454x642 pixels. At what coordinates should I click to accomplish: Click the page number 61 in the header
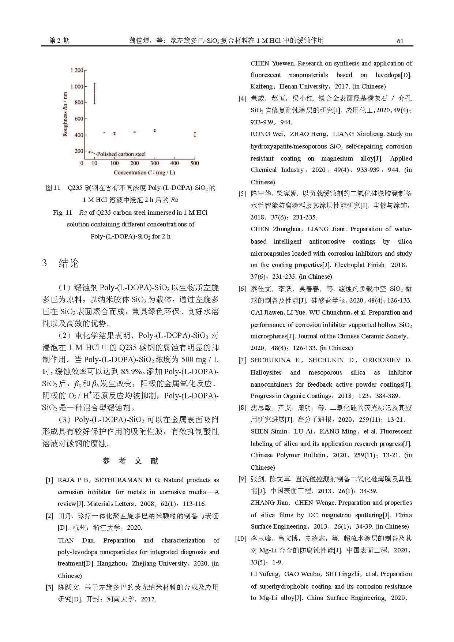point(400,41)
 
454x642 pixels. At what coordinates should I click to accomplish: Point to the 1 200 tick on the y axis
point(77,70)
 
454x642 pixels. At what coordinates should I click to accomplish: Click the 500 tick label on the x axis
point(195,163)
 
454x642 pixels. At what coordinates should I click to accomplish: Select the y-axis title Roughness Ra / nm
point(65,114)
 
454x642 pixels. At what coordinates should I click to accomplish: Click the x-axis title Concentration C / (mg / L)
point(144,173)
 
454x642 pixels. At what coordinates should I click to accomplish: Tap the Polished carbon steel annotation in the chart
point(121,154)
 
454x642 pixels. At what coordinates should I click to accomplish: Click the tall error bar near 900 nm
point(94,94)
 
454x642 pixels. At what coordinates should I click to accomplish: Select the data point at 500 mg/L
point(195,134)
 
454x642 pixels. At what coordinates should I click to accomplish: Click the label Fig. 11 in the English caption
point(63,213)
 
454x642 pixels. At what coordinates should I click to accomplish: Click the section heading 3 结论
point(61,263)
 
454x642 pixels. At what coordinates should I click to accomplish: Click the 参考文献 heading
point(130,461)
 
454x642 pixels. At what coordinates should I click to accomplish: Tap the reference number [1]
point(49,480)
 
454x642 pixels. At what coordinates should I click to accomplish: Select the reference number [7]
point(242,360)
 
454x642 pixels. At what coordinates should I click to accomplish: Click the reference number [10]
point(241,538)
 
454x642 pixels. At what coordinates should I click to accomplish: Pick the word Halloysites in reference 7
point(266,372)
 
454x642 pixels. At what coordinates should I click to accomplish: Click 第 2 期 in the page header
point(59,41)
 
